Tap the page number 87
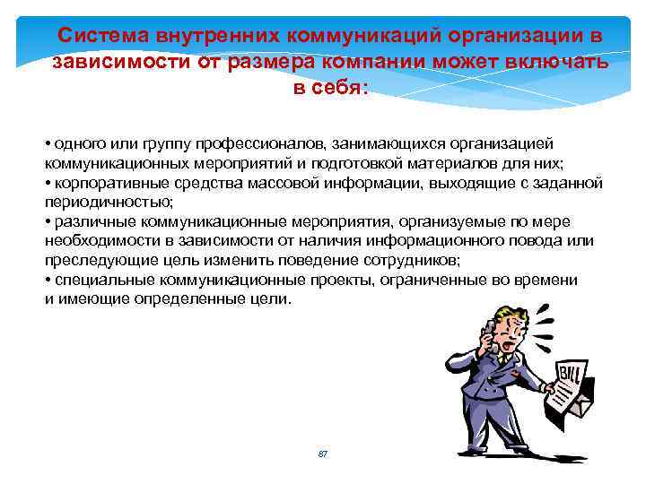(323, 454)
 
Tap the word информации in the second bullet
(370, 183)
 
